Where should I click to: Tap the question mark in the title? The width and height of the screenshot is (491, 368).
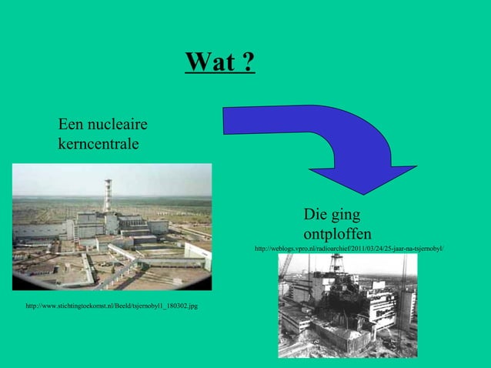pyautogui.click(x=249, y=62)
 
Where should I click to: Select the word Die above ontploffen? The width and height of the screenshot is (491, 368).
pyautogui.click(x=315, y=215)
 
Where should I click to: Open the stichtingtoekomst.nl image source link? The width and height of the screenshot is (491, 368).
pyautogui.click(x=111, y=306)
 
